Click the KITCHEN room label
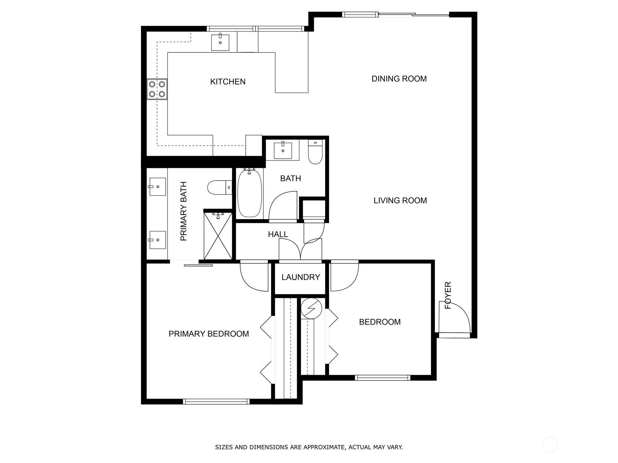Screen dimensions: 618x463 [x=228, y=81]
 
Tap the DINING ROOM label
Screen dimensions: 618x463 [x=399, y=79]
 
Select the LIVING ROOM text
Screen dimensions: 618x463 [x=400, y=200]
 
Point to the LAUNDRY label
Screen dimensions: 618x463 [x=301, y=277]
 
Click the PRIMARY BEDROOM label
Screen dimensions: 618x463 [x=209, y=334]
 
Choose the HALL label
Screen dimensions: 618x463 [x=278, y=234]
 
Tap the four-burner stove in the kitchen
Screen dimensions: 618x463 [x=157, y=89]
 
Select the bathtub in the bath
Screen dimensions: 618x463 [x=250, y=193]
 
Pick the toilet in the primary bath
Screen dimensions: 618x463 [x=220, y=188]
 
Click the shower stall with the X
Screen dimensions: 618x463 [x=218, y=236]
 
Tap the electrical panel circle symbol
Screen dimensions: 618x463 [x=311, y=308]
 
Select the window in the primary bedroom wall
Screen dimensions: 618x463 [x=216, y=402]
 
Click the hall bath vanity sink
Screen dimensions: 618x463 [x=283, y=151]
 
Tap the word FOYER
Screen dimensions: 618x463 [x=448, y=295]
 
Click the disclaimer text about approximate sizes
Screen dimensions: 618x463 [x=309, y=447]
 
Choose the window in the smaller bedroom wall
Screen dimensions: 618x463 [x=382, y=378]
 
